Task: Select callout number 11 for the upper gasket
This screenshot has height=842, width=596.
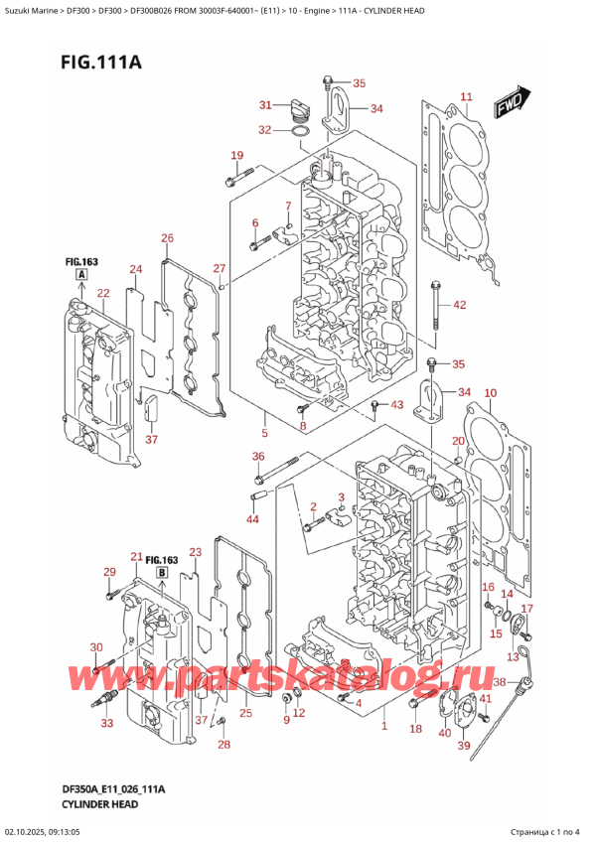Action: click(466, 96)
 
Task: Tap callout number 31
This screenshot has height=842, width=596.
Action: click(265, 105)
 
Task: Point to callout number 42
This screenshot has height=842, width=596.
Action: click(459, 305)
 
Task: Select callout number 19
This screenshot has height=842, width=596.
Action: click(236, 155)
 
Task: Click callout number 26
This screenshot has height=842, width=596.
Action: click(167, 238)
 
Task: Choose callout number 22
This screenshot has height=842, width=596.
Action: click(103, 293)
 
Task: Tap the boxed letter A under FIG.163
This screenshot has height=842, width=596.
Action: click(80, 274)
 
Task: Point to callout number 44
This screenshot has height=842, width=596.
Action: click(252, 520)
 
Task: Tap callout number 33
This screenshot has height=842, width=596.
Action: click(106, 723)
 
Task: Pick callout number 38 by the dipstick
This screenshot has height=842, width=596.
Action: click(499, 682)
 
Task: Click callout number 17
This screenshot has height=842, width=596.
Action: click(527, 609)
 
